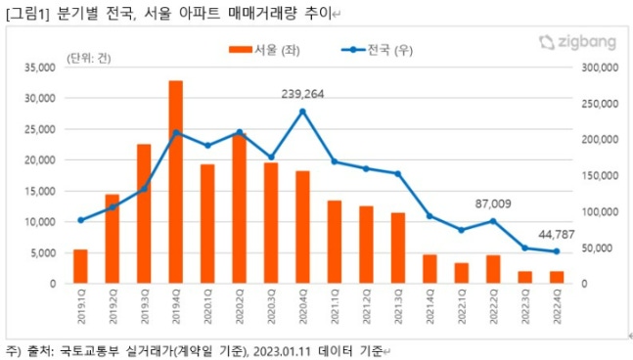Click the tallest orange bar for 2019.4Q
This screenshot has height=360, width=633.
pyautogui.click(x=176, y=182)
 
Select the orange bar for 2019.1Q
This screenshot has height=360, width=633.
pyautogui.click(x=80, y=266)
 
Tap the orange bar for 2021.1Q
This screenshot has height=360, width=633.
pyautogui.click(x=335, y=242)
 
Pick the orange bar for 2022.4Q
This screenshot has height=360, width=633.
pyautogui.click(x=557, y=278)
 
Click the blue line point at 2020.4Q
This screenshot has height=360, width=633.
pyautogui.click(x=302, y=112)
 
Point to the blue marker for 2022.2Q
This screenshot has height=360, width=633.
pyautogui.click(x=493, y=221)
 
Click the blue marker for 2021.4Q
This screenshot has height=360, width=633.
pyautogui.click(x=430, y=216)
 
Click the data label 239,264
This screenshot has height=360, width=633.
pyautogui.click(x=302, y=93)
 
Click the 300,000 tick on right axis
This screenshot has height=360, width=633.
pyautogui.click(x=599, y=67)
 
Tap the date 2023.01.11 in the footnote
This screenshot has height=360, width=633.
pyautogui.click(x=281, y=349)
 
